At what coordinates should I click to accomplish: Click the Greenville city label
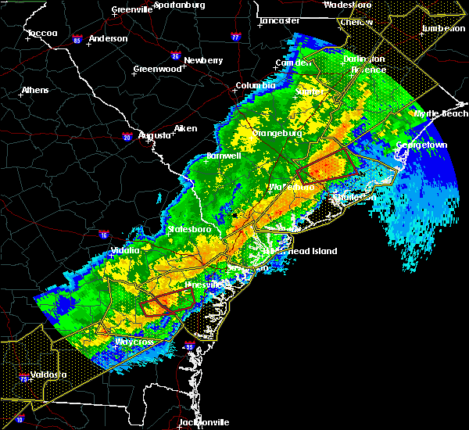pyautogui.click(x=131, y=9)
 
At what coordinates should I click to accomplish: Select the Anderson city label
pyautogui.click(x=108, y=38)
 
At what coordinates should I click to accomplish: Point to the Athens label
pyautogui.click(x=35, y=90)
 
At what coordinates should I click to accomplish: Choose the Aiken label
pyautogui.click(x=185, y=128)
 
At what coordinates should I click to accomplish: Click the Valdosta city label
pyautogui.click(x=47, y=374)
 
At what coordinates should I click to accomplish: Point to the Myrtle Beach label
pyautogui.click(x=441, y=113)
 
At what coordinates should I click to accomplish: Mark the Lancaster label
pyautogui.click(x=280, y=20)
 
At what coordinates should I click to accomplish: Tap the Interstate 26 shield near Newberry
pyautogui.click(x=176, y=56)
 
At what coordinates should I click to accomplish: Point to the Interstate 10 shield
pyautogui.click(x=20, y=420)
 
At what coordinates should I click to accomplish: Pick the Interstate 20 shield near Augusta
pyautogui.click(x=127, y=138)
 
